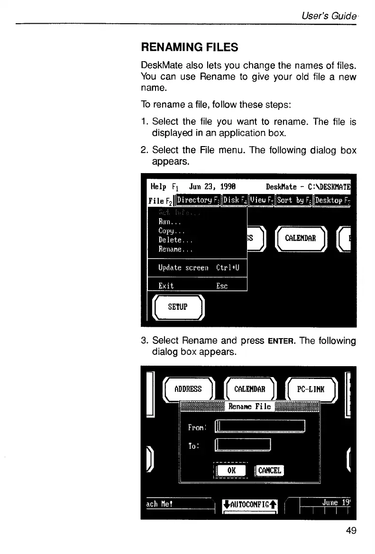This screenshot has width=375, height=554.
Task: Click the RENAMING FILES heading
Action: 189,47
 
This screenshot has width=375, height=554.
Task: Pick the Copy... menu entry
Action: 171,231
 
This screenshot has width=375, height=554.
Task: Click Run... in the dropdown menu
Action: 169,222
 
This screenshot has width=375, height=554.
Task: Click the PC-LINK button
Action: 311,389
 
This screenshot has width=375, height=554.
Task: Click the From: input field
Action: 260,427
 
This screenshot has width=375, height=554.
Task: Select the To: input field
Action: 243,445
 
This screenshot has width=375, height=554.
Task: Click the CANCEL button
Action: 269,471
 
